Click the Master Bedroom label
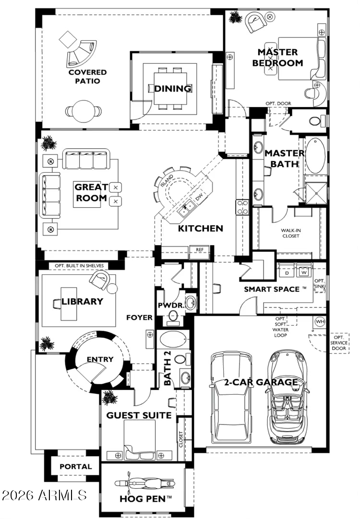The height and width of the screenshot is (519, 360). point(277,58)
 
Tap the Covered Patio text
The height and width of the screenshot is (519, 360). point(87,76)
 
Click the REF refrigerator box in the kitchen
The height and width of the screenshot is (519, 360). point(200,252)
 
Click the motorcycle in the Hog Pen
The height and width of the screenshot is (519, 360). point(145,484)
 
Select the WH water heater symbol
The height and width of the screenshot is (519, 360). point(320,321)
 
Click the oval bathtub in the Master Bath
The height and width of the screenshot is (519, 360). point(315,156)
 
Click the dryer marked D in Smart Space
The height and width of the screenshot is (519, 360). point(287,272)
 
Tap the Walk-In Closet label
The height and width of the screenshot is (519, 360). point(291,233)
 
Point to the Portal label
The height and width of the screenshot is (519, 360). point(75,466)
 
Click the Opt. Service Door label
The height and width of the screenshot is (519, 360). point(338,343)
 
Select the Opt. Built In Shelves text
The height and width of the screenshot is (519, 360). point(79,265)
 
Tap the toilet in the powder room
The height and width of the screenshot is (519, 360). point(172,317)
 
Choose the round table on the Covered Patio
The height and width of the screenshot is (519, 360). point(83,111)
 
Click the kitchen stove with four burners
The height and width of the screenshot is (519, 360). point(242,207)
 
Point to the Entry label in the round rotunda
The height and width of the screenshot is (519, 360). point(100,359)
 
